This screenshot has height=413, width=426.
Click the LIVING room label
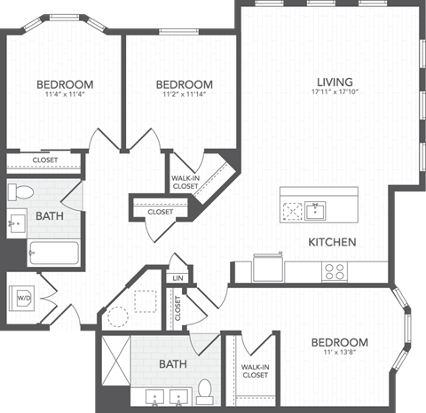point(333,82)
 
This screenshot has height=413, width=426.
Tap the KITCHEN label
point(332,242)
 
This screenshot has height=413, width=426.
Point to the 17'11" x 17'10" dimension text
point(333,92)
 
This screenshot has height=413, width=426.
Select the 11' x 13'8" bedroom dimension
point(339,354)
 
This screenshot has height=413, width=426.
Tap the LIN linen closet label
point(177,277)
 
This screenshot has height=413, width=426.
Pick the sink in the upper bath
point(19,222)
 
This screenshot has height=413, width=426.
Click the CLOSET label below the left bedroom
point(44,160)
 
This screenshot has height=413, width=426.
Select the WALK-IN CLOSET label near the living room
point(185,182)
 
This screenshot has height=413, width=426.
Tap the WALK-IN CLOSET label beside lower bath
point(256,370)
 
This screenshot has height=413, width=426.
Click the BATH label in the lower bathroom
point(172,364)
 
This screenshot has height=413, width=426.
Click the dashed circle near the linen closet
point(116,317)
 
